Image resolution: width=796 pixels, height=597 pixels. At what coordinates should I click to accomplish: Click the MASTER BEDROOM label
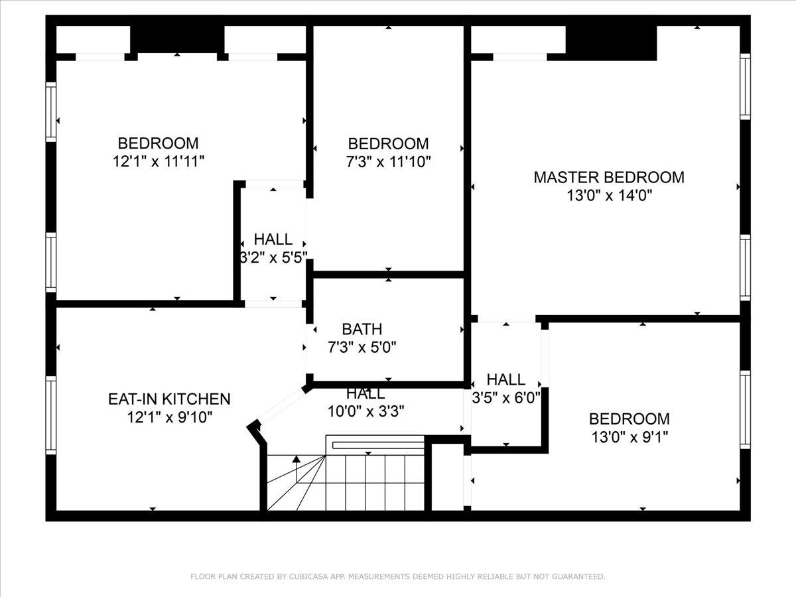609,177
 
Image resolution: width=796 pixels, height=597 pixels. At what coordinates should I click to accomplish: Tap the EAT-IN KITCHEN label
169,399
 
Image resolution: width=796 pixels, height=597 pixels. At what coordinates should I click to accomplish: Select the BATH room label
362,329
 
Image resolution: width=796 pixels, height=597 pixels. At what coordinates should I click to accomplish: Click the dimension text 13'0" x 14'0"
609,196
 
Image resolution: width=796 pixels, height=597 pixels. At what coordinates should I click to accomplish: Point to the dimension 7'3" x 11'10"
389,162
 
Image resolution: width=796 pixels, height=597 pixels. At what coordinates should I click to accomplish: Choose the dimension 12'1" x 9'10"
169,417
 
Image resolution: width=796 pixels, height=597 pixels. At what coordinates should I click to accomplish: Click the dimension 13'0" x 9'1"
630,437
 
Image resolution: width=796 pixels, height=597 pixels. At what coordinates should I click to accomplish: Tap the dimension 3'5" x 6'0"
506,398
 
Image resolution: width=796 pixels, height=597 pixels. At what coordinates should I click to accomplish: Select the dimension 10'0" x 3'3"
365,411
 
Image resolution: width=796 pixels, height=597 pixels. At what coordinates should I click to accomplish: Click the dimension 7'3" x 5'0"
362,347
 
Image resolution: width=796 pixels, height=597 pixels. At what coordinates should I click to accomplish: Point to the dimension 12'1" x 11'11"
159,161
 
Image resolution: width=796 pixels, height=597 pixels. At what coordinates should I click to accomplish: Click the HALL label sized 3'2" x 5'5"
273,239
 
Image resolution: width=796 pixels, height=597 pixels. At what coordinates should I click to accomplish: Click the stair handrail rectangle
377,445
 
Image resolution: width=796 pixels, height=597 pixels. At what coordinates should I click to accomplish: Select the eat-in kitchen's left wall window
51,415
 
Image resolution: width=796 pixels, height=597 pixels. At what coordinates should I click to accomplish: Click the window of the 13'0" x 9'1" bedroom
745,409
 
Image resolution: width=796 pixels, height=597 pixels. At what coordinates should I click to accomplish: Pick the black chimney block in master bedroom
611,42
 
